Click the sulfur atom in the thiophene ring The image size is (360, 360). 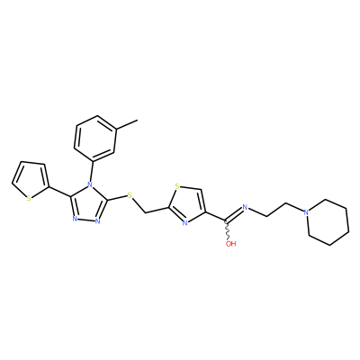[29, 198]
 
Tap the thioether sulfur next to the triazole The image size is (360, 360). [130, 196]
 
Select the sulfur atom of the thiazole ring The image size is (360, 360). [177, 187]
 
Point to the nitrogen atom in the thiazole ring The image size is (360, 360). [184, 223]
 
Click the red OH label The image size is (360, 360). [230, 244]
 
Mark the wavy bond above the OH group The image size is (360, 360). [228, 230]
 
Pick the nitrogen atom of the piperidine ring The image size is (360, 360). [306, 212]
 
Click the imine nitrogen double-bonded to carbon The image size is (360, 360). [245, 207]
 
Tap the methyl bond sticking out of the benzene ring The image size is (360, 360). [127, 124]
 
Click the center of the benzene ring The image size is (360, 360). [94, 138]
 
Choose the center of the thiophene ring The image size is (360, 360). [31, 179]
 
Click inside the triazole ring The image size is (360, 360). [87, 203]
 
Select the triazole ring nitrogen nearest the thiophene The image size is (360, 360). [75, 219]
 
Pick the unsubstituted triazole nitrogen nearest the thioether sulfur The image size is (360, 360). [97, 221]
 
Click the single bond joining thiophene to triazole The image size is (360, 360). [60, 192]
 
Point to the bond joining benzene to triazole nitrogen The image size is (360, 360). [92, 169]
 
